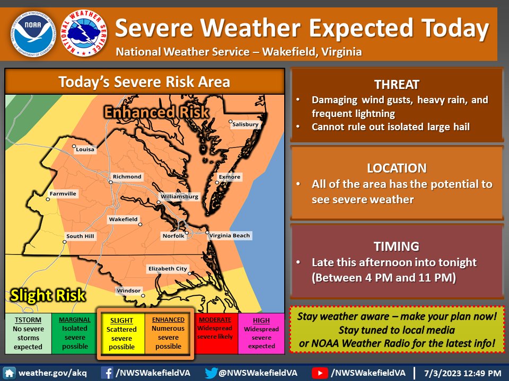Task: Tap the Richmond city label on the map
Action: point(127,177)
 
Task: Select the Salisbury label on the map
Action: point(245,124)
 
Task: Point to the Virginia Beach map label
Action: point(229,235)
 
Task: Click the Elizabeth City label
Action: point(167,269)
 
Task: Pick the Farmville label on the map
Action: point(63,194)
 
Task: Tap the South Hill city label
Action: point(81,236)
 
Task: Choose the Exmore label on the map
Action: point(230,177)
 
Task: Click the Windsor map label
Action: point(129,291)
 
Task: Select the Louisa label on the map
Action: point(85,149)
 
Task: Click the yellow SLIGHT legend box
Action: point(122,333)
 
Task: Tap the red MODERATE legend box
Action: point(215,333)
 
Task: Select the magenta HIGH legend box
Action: point(261,333)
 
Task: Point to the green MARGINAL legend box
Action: point(74,333)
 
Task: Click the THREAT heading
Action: point(397,85)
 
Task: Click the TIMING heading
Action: point(397,246)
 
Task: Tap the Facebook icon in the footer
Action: point(108,373)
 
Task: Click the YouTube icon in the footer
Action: point(320,373)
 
